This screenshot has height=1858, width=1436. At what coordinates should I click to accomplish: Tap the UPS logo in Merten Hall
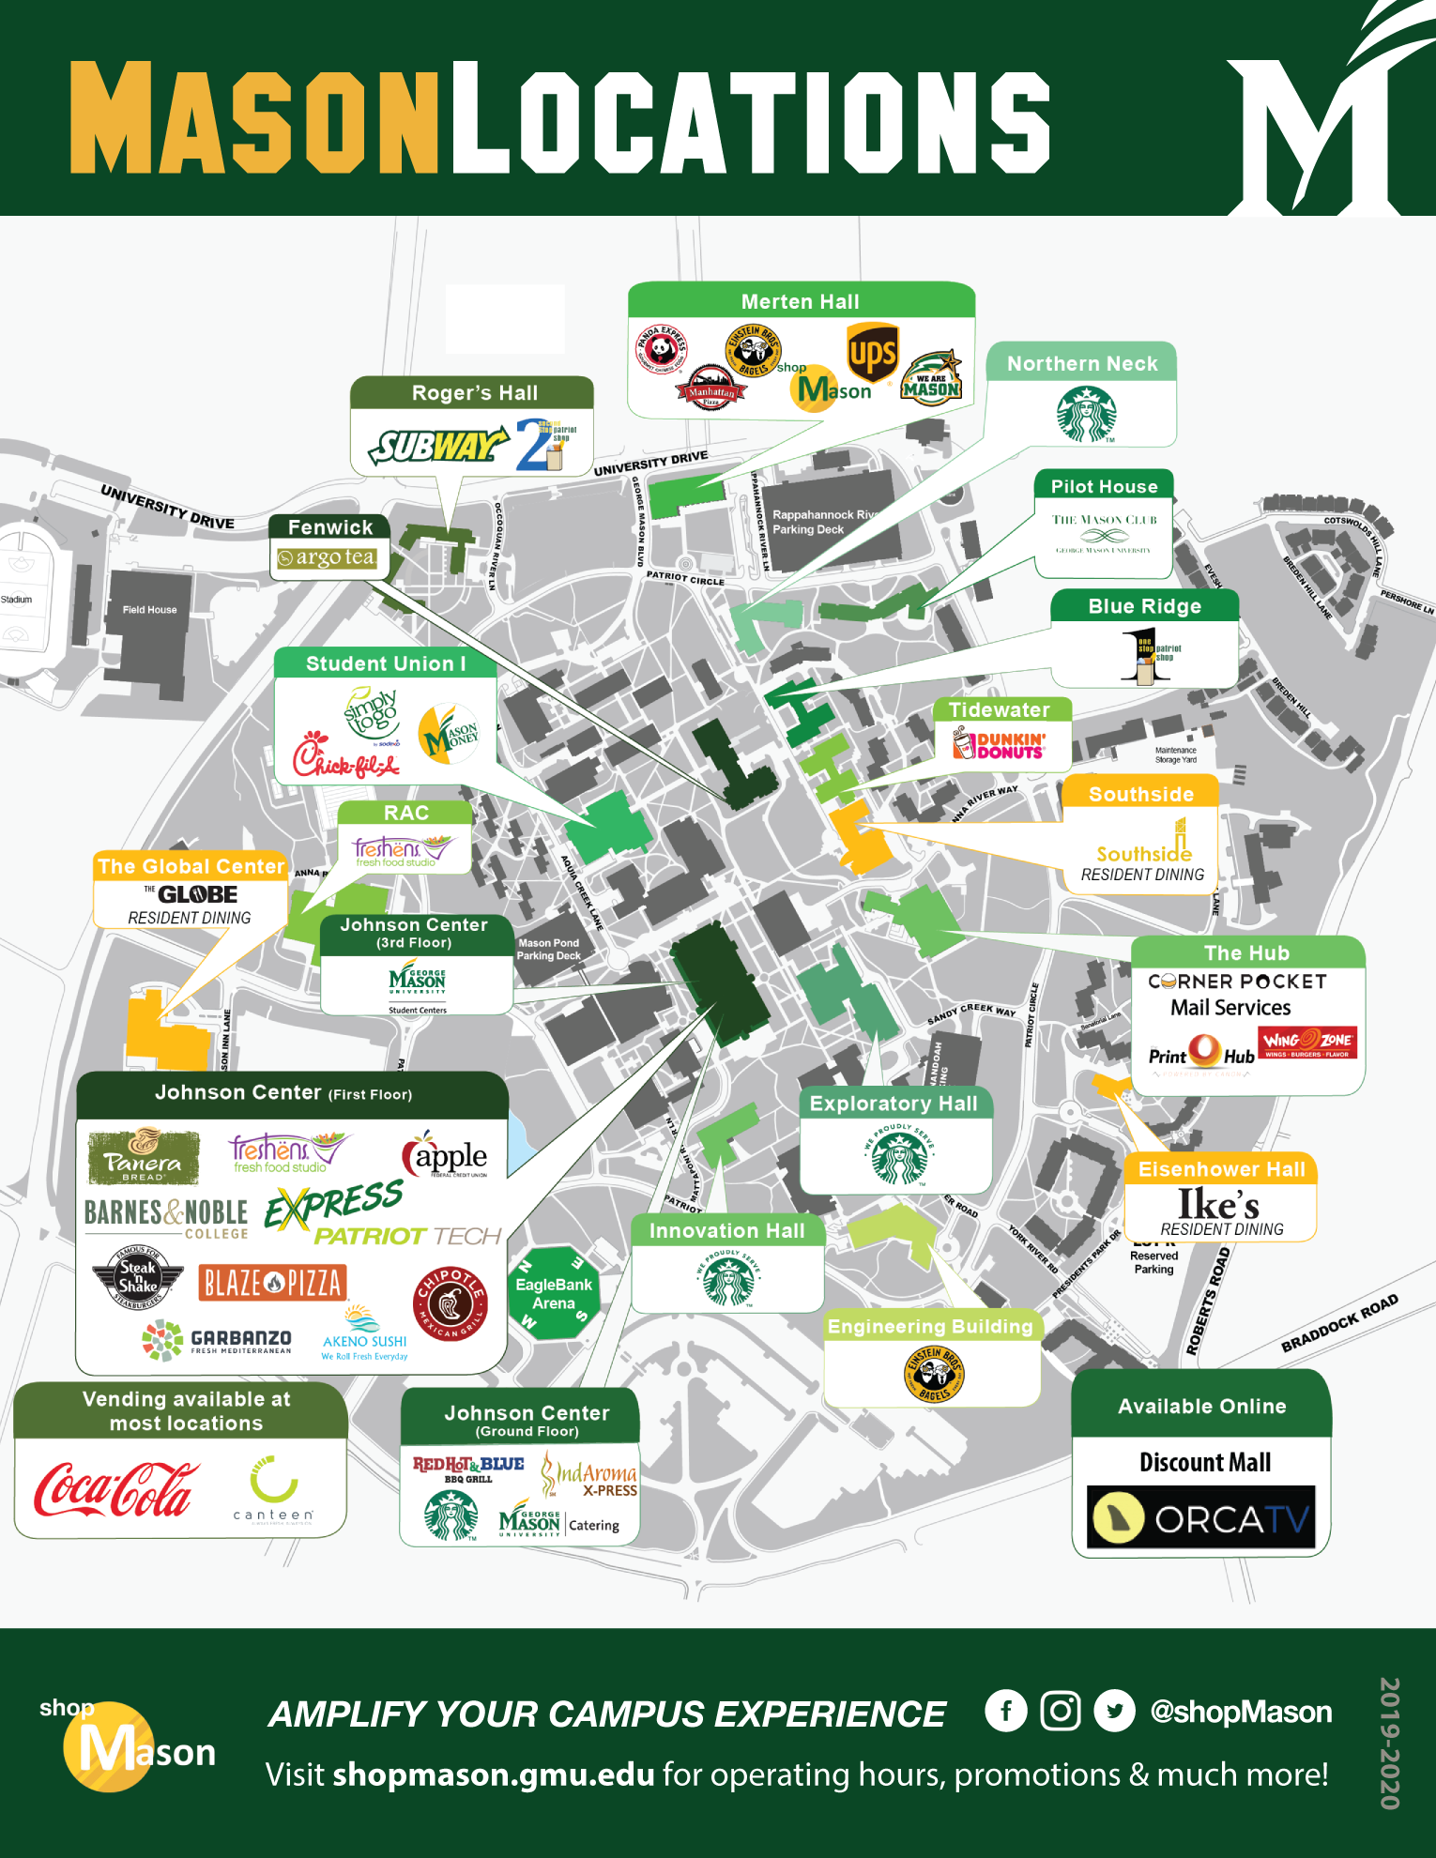(872, 354)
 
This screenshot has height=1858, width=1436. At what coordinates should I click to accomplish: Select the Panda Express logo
(662, 349)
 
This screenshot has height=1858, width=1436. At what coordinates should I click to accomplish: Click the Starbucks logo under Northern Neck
(1086, 414)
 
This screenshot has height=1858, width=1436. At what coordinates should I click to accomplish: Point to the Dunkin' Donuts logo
(1001, 746)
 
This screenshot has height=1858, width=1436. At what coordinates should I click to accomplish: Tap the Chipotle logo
(451, 1303)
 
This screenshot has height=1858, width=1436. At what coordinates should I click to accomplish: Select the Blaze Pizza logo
(272, 1282)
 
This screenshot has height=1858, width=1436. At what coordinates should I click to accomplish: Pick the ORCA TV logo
(1200, 1517)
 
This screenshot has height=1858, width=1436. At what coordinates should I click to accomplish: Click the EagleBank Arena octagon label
(554, 1293)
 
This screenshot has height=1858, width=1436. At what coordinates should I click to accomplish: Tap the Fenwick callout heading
(330, 527)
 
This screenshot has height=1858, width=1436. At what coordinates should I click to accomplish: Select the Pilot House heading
(1104, 486)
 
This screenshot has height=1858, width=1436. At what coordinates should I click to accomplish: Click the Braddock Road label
(1339, 1323)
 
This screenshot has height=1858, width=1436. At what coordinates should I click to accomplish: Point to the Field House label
(149, 610)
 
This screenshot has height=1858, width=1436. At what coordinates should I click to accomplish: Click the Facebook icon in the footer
(1005, 1711)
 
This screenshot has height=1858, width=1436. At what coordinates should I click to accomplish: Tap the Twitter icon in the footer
(1114, 1711)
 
